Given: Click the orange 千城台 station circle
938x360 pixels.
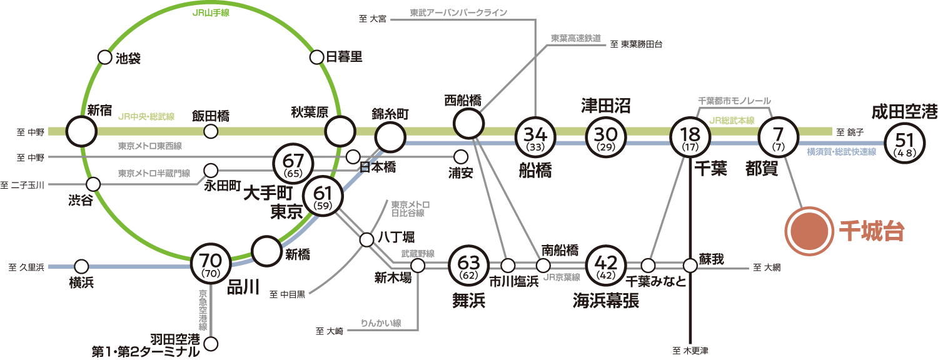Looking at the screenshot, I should point(808,231).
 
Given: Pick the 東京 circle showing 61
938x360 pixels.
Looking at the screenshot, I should point(323,195).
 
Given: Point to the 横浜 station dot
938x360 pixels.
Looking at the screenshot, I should point(81,266).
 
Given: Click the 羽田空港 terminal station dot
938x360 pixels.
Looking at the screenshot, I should point(211,344).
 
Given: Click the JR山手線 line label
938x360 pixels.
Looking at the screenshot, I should point(211,12).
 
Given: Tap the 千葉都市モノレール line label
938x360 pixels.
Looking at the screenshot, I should point(734,101).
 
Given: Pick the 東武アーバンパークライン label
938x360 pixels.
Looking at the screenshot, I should point(458,12).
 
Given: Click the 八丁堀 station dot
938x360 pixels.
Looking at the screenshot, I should point(367,239).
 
